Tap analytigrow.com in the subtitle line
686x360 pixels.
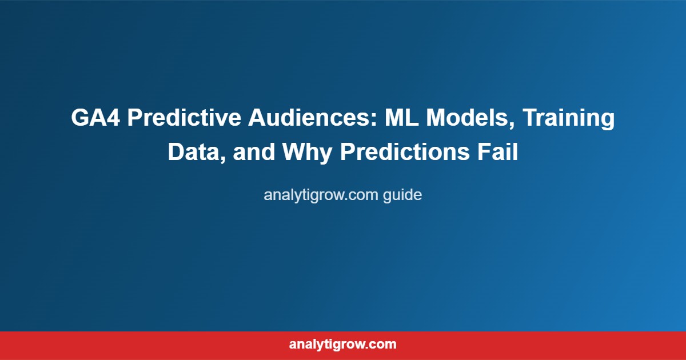(x=321, y=195)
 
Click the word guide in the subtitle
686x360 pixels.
(x=402, y=195)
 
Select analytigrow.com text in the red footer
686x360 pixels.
(x=343, y=345)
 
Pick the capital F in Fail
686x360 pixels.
(x=482, y=153)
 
